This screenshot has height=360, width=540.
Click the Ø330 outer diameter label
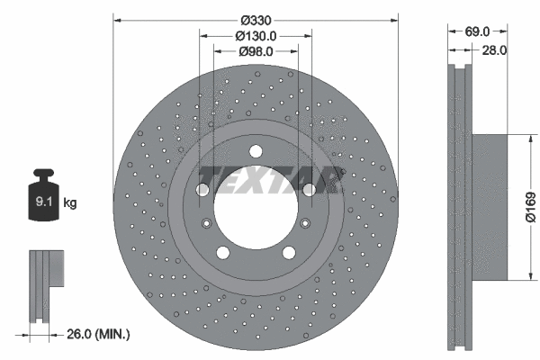[256, 17]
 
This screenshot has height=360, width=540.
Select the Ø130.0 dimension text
[256, 35]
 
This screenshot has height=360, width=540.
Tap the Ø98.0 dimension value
[256, 52]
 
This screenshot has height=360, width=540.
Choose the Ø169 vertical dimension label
[530, 206]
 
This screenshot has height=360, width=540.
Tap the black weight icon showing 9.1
[43, 198]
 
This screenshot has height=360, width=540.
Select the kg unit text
[70, 203]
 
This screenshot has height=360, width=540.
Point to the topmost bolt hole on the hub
[256, 150]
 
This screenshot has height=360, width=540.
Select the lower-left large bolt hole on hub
[223, 252]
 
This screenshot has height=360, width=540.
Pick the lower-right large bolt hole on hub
[289, 252]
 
